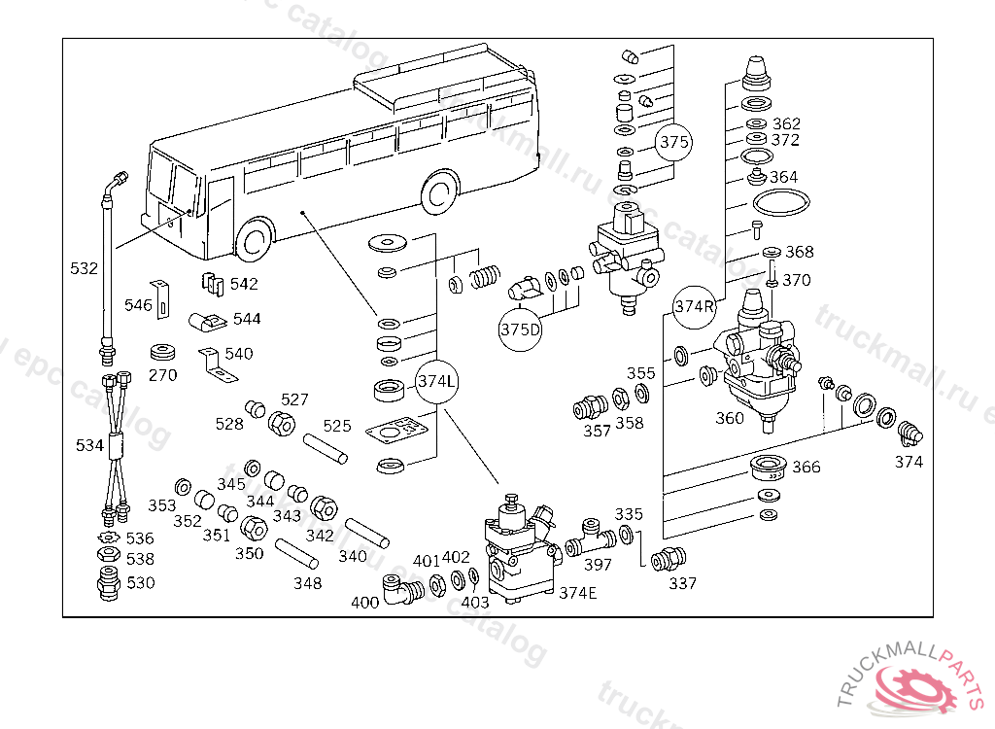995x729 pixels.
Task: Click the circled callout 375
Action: (x=673, y=142)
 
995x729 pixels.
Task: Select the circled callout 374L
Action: (x=436, y=380)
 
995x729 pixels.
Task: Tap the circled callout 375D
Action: (x=520, y=329)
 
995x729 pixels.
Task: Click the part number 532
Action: (x=85, y=267)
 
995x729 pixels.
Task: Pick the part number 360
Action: (x=729, y=418)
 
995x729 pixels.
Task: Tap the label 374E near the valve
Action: (x=577, y=592)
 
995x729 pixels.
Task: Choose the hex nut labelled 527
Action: (x=282, y=423)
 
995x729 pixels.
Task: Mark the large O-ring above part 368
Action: (x=781, y=205)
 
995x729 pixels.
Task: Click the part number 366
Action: (x=806, y=467)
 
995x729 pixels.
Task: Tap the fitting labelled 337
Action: (x=669, y=560)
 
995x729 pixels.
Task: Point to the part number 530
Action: (x=141, y=582)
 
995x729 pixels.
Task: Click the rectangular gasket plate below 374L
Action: (x=398, y=429)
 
